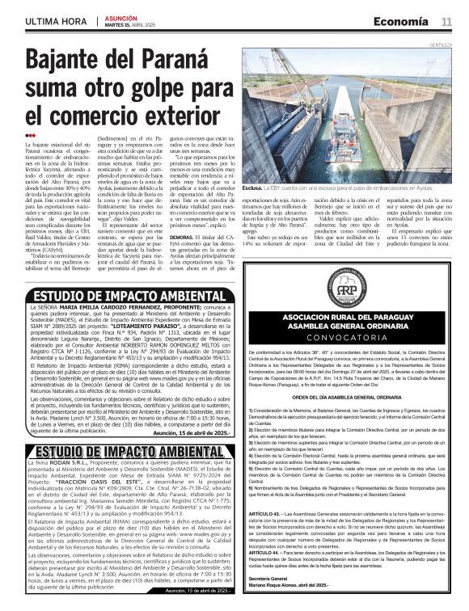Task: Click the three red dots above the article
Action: click(30, 134)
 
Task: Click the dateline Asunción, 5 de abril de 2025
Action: click(189, 433)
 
